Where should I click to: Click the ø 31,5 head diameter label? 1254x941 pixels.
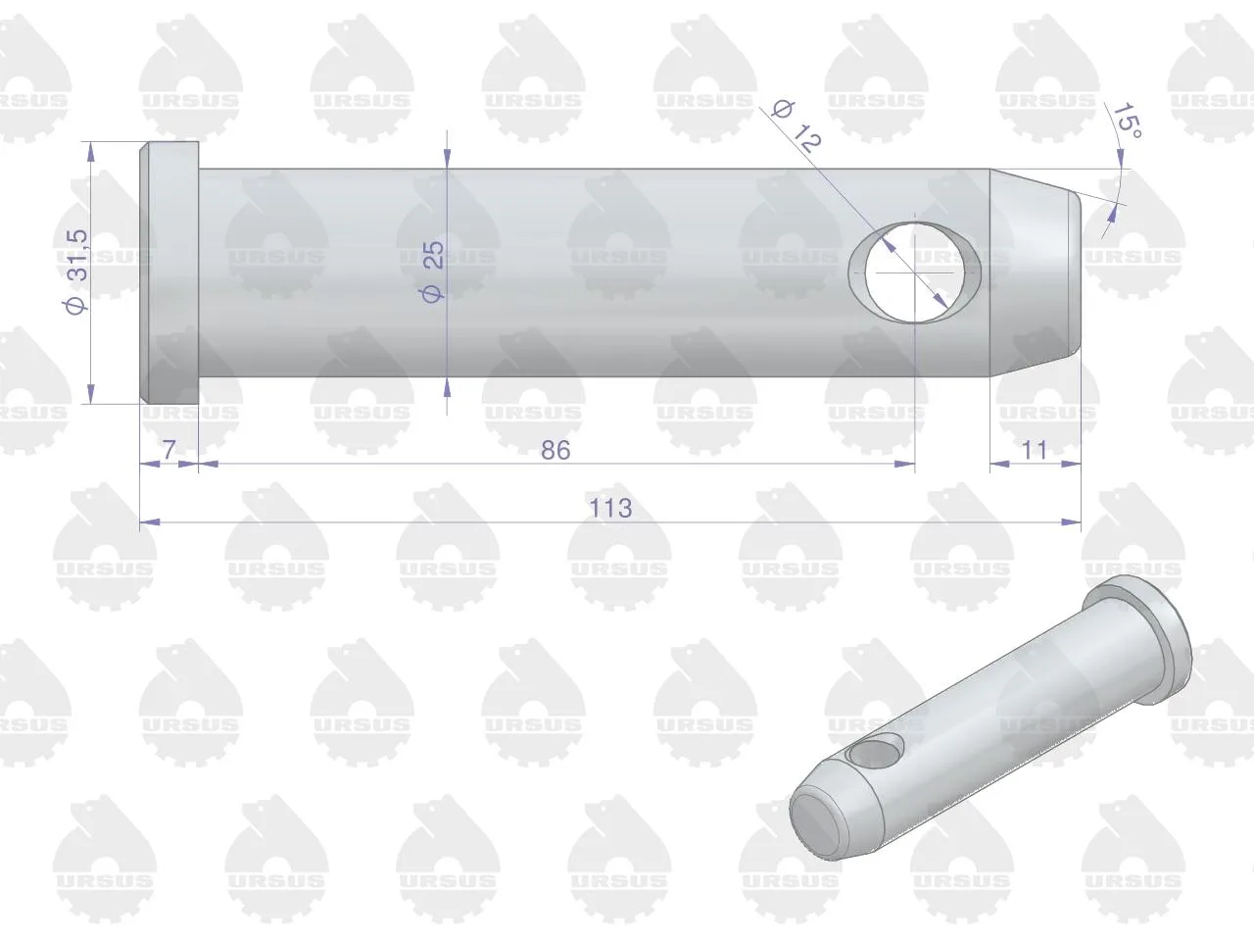pos(77,272)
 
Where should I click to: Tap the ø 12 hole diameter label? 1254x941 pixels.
pos(796,126)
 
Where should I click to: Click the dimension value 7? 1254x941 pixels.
pos(169,450)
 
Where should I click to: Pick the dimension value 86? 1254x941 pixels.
pos(555,450)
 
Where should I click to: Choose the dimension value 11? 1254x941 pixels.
pos(1034,450)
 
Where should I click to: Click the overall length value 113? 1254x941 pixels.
pos(610,508)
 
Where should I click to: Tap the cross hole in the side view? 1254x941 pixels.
pos(914,272)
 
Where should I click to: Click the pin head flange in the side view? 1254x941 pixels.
pos(169,272)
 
